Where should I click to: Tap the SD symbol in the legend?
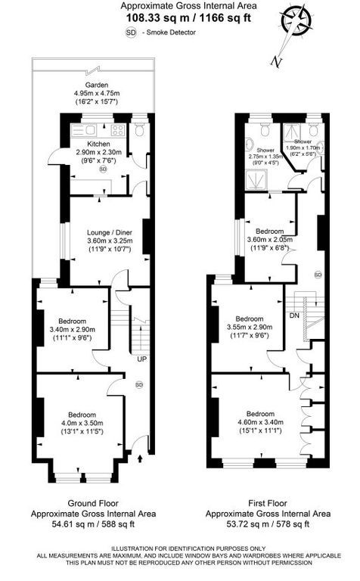(131, 33)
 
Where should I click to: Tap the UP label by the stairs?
(141, 359)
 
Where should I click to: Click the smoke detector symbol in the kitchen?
(103, 169)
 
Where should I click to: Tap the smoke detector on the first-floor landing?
(318, 274)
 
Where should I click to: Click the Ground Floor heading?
(93, 502)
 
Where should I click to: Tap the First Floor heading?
(268, 502)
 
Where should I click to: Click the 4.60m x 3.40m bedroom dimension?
(259, 422)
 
